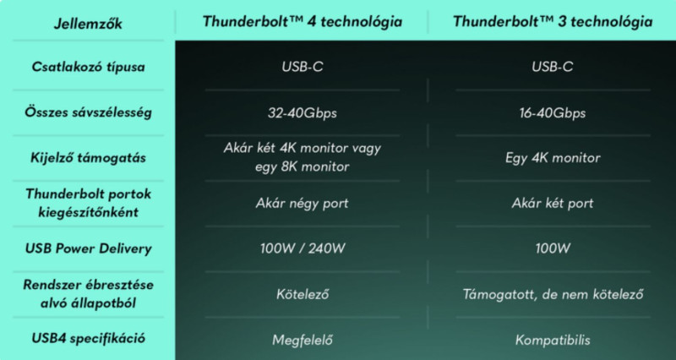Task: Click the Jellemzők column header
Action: [88, 24]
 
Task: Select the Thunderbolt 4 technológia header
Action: [303, 22]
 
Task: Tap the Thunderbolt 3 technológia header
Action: [553, 22]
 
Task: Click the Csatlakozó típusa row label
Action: [88, 67]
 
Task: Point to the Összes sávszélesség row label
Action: [88, 112]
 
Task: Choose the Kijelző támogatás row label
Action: [88, 157]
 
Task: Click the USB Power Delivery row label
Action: [88, 248]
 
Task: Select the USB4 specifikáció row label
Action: [88, 338]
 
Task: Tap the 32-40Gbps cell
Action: [303, 113]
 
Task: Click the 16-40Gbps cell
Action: [553, 113]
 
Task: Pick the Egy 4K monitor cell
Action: [553, 158]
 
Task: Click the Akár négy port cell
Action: [303, 203]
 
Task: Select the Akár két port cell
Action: [553, 203]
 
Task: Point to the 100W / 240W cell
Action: [303, 248]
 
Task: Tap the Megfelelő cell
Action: [303, 340]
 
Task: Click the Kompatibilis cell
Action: [553, 340]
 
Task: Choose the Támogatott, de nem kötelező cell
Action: [553, 294]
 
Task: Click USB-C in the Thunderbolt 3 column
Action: [553, 67]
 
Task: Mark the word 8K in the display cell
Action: [289, 166]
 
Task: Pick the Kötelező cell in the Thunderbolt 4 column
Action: [303, 294]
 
